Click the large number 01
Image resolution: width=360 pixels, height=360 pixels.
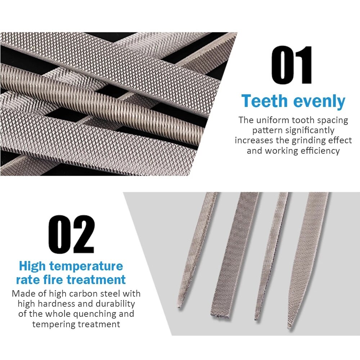[292, 65]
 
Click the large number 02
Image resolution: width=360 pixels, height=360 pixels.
[71, 234]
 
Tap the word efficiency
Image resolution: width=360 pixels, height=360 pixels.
[320, 151]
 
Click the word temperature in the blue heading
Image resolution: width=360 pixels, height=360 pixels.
[86, 266]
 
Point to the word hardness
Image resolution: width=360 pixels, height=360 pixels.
[57, 304]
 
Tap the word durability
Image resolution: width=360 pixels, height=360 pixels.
[115, 304]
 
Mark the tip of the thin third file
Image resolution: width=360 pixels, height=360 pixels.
[256, 319]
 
